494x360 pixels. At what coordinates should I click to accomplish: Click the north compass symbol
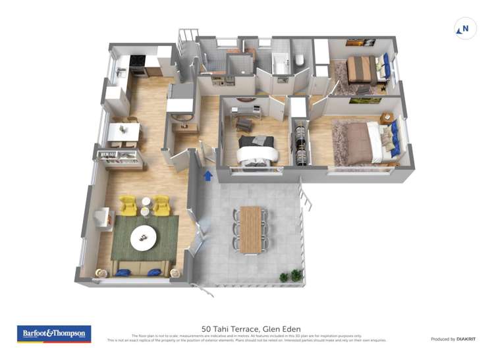pyautogui.click(x=466, y=28)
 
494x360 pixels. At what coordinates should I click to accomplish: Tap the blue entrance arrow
pyautogui.click(x=208, y=175)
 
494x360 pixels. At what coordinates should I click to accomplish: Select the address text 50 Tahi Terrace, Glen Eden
pyautogui.click(x=247, y=328)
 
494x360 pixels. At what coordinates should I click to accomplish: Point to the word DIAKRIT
pyautogui.click(x=464, y=339)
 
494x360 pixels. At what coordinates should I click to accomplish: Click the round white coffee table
pyautogui.click(x=144, y=238)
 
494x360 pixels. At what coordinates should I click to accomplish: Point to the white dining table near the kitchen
pyautogui.click(x=123, y=132)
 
